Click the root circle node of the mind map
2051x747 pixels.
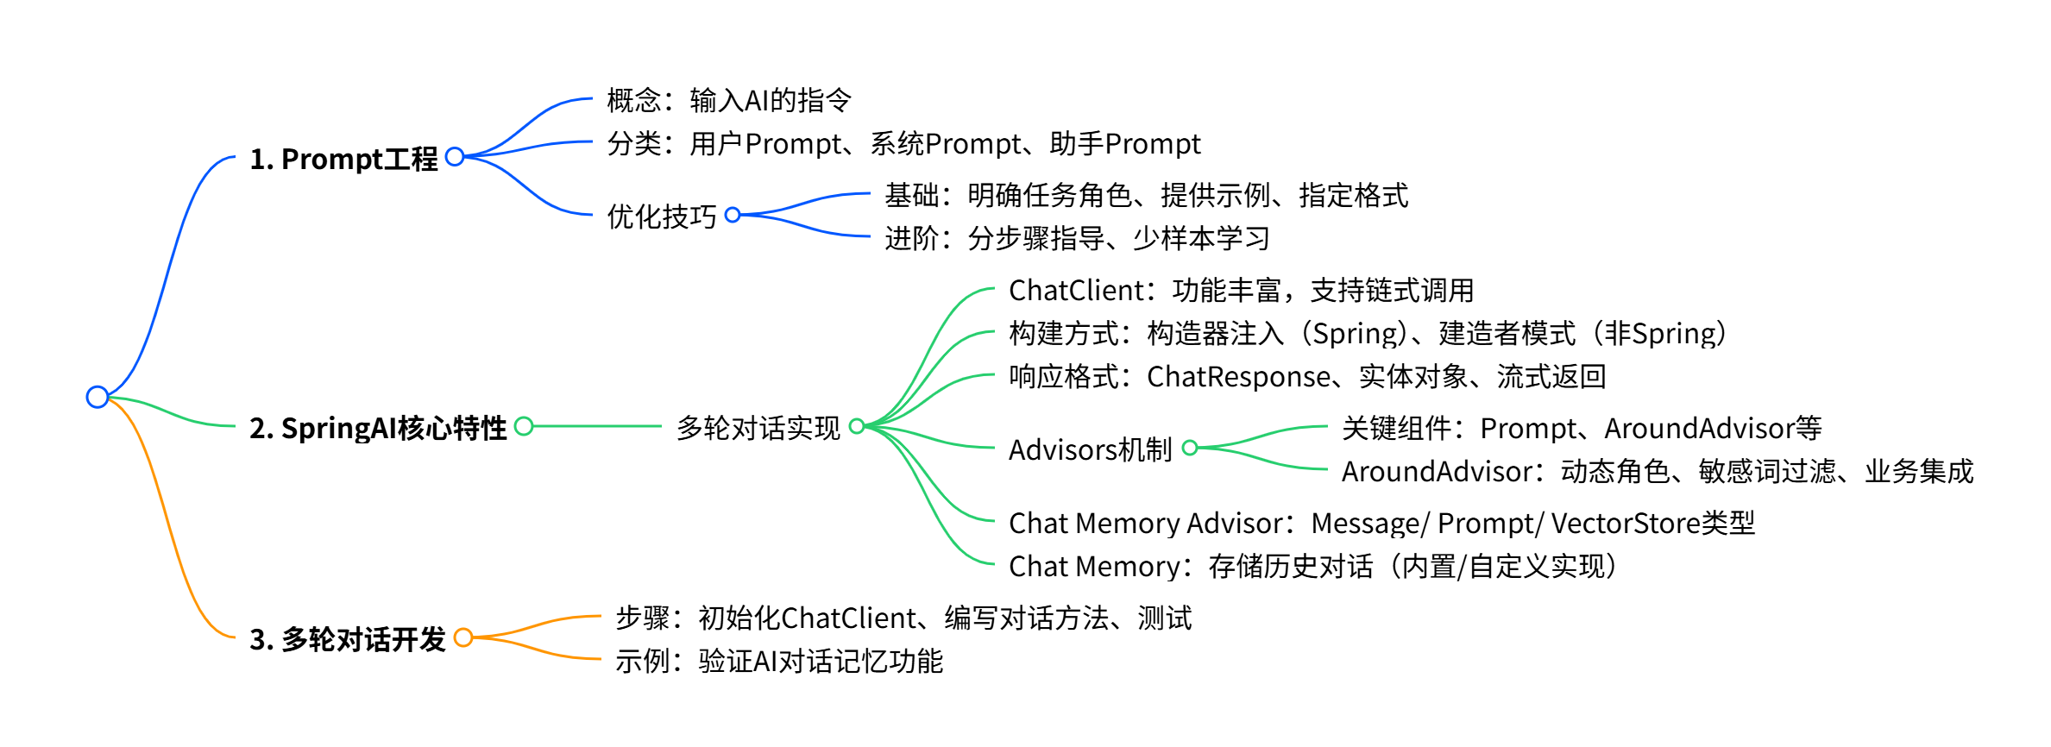tap(98, 397)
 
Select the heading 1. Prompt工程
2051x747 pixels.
tap(343, 160)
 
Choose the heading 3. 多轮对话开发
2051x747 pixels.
tap(347, 639)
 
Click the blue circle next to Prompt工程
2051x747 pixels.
tap(455, 157)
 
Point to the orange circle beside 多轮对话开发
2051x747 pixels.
tap(463, 637)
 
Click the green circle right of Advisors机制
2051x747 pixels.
tap(1190, 448)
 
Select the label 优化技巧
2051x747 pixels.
tap(662, 217)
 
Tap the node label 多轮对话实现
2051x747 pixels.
tap(758, 428)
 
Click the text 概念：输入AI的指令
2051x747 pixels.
tap(729, 101)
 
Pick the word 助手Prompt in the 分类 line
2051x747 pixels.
tap(1124, 144)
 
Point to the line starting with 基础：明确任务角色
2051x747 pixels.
tap(1146, 196)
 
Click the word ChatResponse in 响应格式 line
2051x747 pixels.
tap(1238, 377)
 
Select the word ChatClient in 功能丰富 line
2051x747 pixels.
tap(1076, 291)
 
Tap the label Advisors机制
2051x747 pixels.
tap(1090, 449)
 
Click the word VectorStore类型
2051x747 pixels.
tap(1652, 524)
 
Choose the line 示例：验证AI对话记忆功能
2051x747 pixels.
tap(778, 662)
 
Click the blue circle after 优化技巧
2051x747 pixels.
tap(733, 215)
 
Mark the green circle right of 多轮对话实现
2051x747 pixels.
tap(857, 426)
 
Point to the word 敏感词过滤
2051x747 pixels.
tap(1767, 472)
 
